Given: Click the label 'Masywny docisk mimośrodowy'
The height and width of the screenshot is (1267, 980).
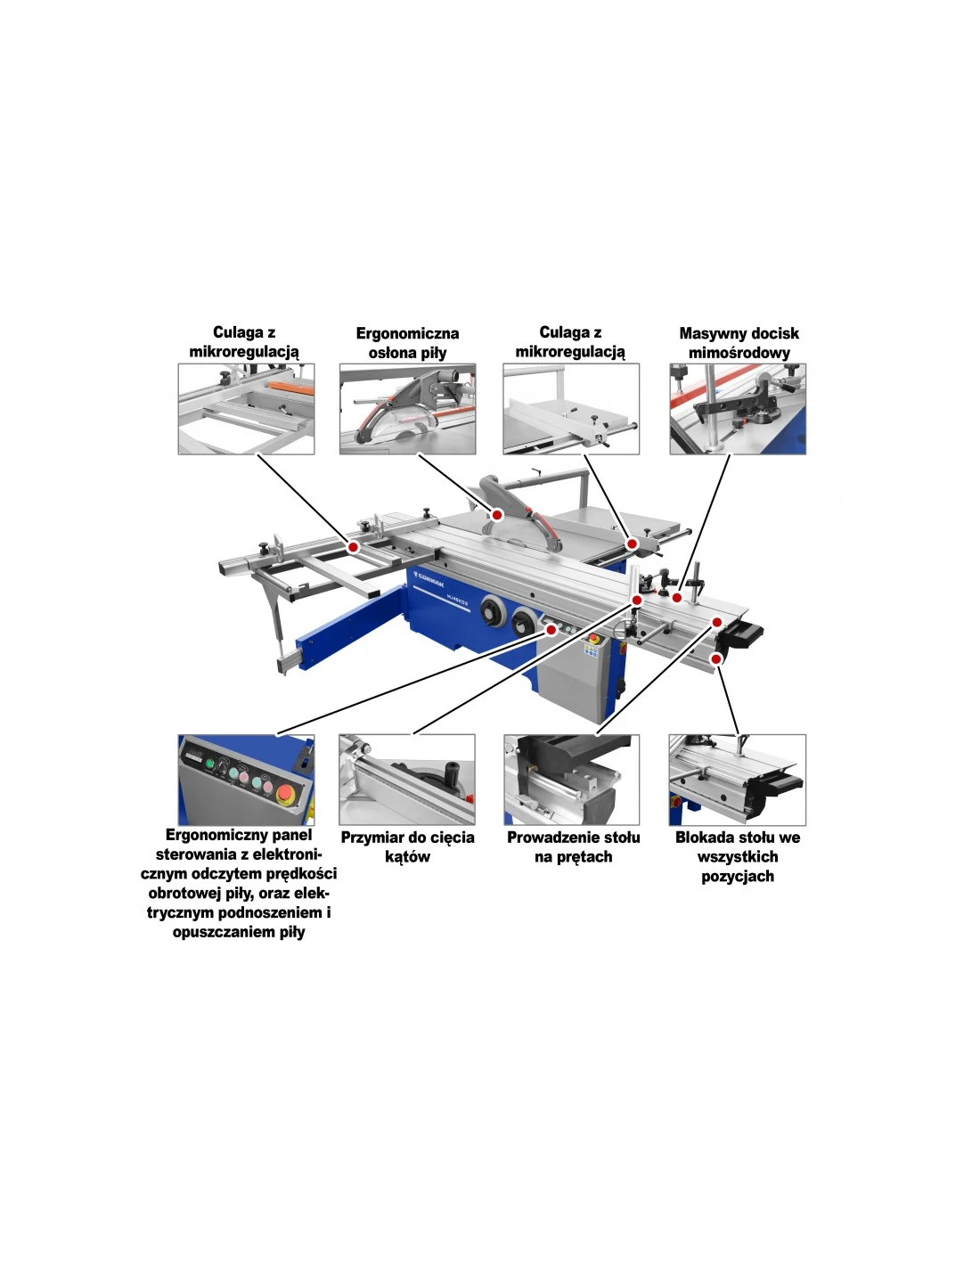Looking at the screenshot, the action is (739, 343).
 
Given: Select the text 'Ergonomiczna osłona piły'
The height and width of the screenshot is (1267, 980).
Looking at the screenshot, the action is (407, 343).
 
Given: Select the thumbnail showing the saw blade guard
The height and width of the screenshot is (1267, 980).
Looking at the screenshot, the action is (407, 409).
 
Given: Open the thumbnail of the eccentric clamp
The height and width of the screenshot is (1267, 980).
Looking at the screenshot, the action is (738, 409).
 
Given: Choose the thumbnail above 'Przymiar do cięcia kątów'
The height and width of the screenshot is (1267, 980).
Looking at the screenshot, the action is (407, 780).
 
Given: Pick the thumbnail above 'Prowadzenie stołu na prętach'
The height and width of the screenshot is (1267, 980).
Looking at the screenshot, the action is (571, 780).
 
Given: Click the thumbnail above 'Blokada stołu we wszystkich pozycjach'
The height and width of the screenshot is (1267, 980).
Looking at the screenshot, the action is (738, 780).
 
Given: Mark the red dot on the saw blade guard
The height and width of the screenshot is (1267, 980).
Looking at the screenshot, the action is (497, 515).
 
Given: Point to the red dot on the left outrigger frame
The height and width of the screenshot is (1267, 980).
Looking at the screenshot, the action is (352, 547).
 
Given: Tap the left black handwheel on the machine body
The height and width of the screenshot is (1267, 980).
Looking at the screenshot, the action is (494, 611).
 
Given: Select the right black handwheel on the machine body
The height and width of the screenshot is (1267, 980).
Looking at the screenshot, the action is (524, 622).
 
